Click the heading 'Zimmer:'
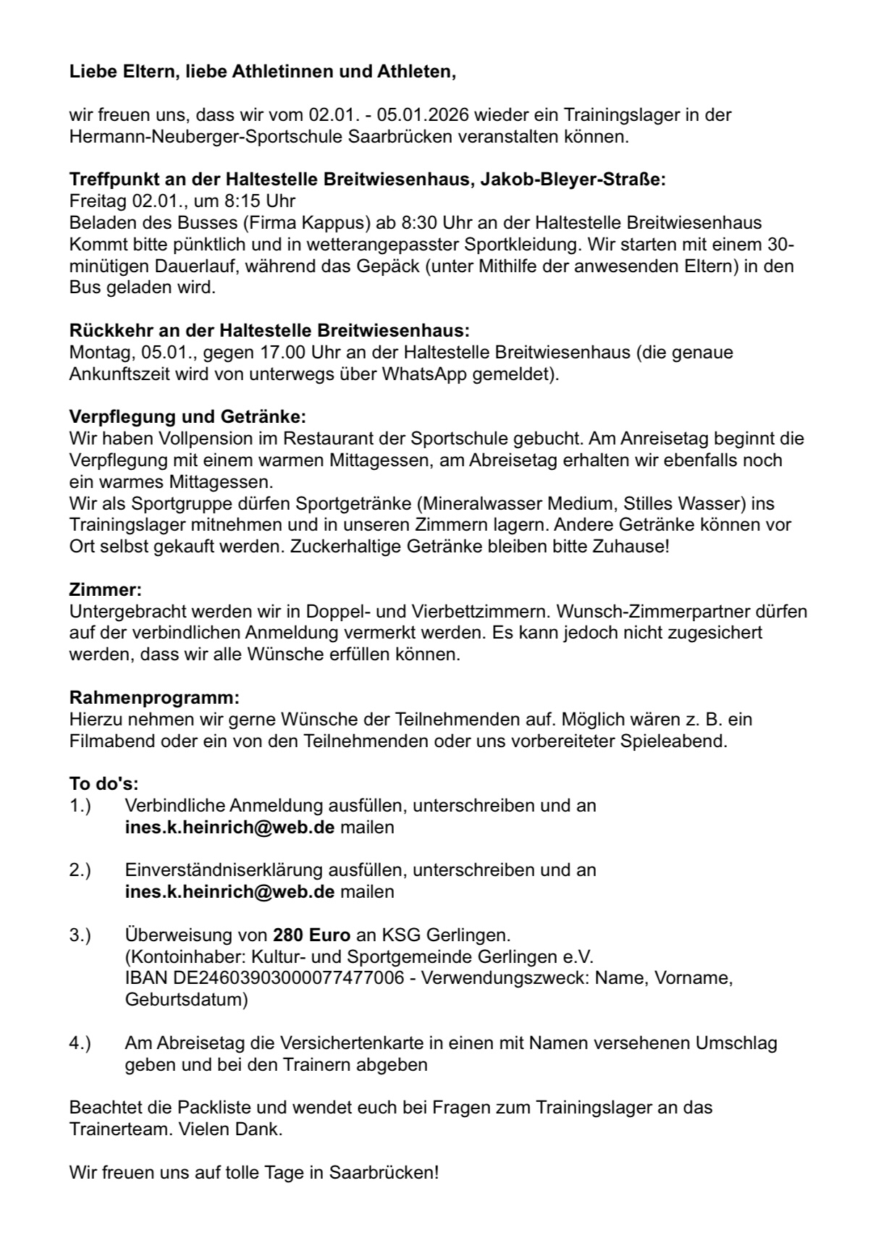point(106,590)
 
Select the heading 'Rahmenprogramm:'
point(153,698)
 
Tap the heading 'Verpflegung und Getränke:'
point(188,417)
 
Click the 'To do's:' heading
point(104,784)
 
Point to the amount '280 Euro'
point(311,935)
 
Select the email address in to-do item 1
point(230,828)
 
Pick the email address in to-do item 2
point(230,891)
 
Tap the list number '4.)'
point(80,1043)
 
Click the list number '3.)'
point(80,935)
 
